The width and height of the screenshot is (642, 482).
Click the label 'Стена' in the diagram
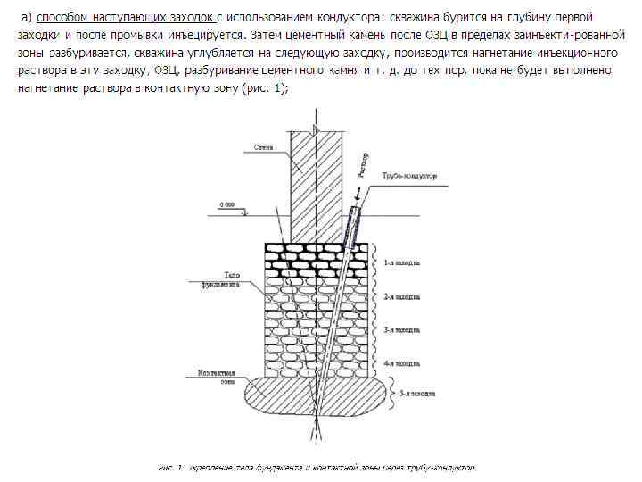tap(263, 146)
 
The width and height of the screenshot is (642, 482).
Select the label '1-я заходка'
tap(402, 263)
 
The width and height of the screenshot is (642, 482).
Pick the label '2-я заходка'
tap(402, 295)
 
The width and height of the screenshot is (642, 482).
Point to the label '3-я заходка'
tap(402, 329)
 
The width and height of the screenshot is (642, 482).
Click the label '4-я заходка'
tap(402, 364)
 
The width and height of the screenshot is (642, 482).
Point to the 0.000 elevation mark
tap(228, 206)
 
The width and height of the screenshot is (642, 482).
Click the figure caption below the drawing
tap(317, 467)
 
